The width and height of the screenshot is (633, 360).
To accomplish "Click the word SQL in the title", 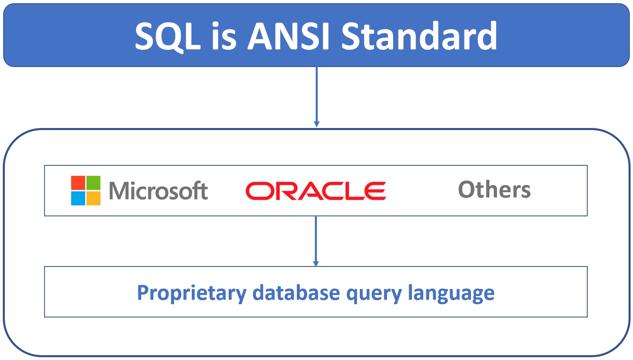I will coord(167,36).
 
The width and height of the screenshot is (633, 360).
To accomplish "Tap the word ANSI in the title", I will coord(288,36).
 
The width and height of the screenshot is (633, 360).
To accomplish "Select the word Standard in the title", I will coord(419,36).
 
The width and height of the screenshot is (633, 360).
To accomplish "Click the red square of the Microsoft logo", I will coord(78,183).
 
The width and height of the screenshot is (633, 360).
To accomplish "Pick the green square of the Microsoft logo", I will coord(93,183).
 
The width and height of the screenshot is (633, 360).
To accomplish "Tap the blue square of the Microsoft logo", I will coord(78,198).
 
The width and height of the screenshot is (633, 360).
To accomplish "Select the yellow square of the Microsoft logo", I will coord(93,198).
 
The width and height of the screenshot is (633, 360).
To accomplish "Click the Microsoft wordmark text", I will coord(158,191).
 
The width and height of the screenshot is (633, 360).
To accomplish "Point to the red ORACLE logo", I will coord(316,191).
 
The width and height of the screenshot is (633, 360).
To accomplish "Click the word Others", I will coord(494,190).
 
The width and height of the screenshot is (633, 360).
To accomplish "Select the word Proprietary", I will coord(191,293).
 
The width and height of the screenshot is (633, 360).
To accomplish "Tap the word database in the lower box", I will coord(296,293).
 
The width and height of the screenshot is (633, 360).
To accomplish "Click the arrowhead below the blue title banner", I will coord(316,124).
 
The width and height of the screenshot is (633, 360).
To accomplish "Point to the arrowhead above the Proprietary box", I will coord(316,263).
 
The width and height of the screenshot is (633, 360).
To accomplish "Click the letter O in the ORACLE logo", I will coord(258,191).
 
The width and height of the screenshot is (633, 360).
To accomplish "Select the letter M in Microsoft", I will coord(118,191).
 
